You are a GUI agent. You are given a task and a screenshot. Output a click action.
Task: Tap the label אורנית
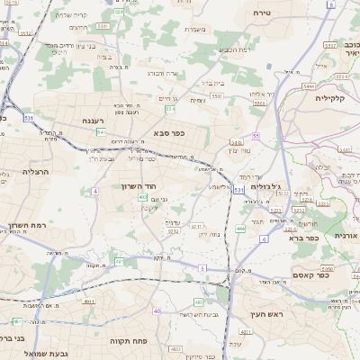pyautogui.click(x=345, y=235)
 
